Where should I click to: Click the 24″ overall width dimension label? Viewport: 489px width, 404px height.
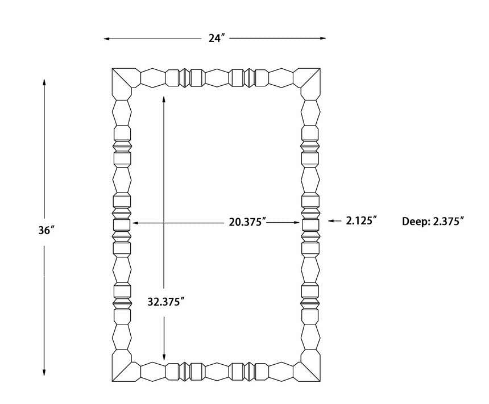[217, 38]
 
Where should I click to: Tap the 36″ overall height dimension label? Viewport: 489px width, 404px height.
[47, 230]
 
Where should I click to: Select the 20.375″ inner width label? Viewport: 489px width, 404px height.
[247, 222]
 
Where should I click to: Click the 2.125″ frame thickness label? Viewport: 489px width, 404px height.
[362, 220]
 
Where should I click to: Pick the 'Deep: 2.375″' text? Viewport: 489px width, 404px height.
[433, 222]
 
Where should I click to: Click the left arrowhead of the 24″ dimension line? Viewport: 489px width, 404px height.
[106, 39]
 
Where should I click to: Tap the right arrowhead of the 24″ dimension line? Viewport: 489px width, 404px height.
[323, 38]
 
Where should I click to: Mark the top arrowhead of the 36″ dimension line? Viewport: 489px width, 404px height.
[44, 82]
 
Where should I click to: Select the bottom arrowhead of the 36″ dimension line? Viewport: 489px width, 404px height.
[44, 373]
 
